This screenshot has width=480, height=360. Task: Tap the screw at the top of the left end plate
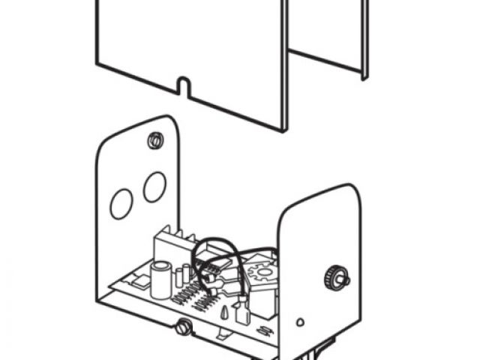coord(156,139)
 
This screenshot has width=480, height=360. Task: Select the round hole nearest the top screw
coord(154,186)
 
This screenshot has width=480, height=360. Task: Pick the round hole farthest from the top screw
coord(121,203)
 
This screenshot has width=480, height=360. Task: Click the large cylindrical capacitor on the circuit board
coord(160,279)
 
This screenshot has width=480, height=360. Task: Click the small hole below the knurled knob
coord(300,322)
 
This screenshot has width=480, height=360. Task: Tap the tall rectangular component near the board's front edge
coord(243,314)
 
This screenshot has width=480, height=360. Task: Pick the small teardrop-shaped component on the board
coord(224,313)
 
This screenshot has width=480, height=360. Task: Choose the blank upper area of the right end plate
coord(319,225)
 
